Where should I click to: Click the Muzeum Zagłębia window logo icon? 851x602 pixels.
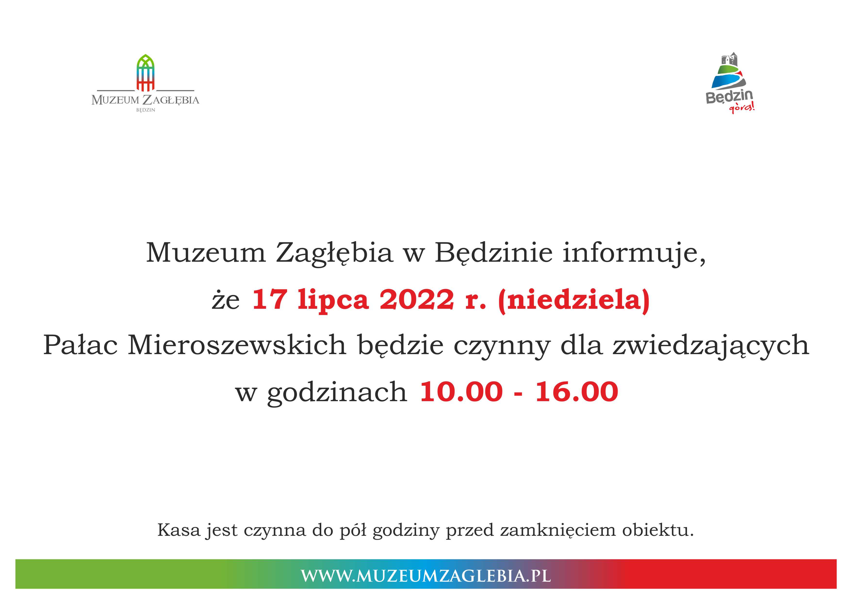145,73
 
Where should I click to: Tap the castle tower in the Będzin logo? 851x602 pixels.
729,59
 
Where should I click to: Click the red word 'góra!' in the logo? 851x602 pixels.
742,108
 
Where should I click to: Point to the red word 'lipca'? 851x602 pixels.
333,301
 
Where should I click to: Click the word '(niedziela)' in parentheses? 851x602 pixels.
574,301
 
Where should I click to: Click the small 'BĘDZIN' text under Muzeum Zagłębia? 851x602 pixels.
146,110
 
